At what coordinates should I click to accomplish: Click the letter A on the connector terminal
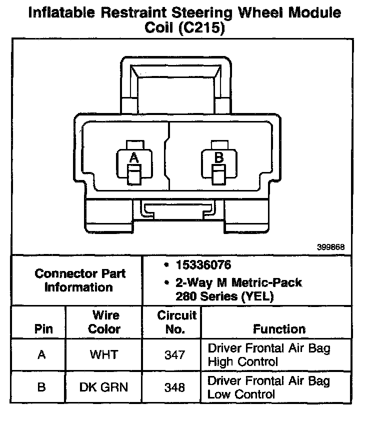(133, 158)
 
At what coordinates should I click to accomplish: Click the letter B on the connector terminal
(218, 158)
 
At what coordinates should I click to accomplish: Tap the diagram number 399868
(330, 247)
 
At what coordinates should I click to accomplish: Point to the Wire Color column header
(104, 322)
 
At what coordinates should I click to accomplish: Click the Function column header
(279, 329)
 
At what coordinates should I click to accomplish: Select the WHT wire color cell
(104, 355)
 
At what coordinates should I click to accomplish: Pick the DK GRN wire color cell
(104, 387)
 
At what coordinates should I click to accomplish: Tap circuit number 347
(174, 355)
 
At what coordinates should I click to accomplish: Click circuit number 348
(174, 387)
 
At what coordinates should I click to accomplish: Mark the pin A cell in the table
(42, 355)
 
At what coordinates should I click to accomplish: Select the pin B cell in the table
(42, 387)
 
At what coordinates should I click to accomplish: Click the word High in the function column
(220, 361)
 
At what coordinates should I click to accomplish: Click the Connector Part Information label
(80, 280)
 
